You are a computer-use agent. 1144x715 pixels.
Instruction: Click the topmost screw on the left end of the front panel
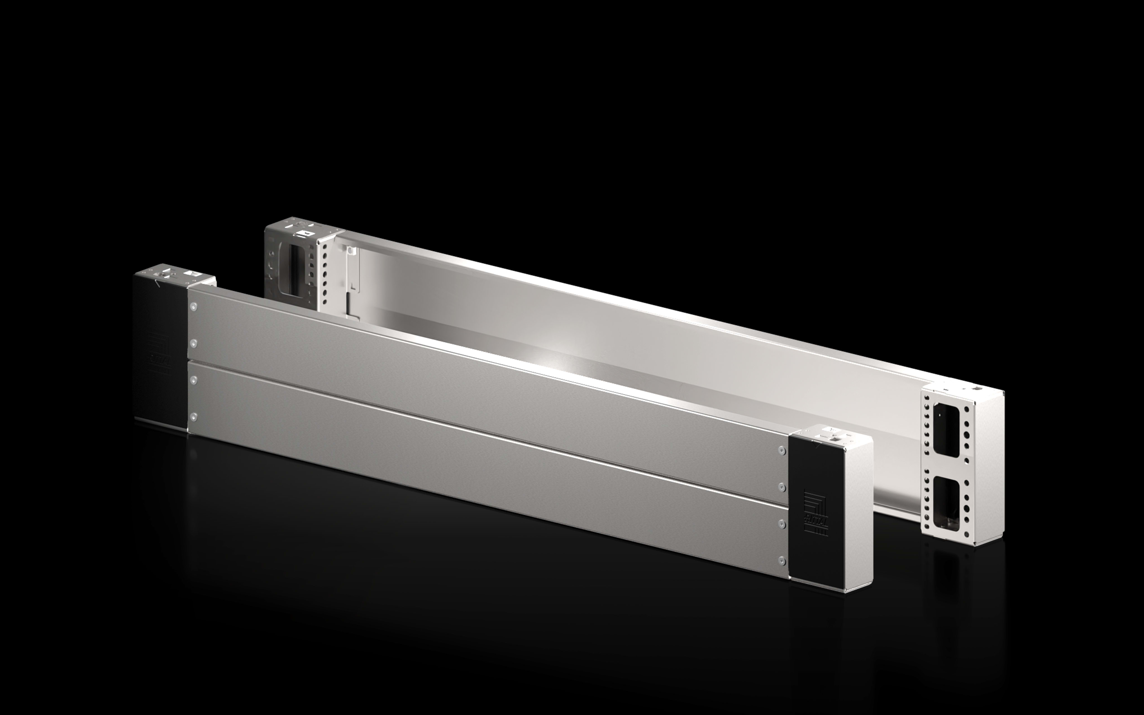193,306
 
